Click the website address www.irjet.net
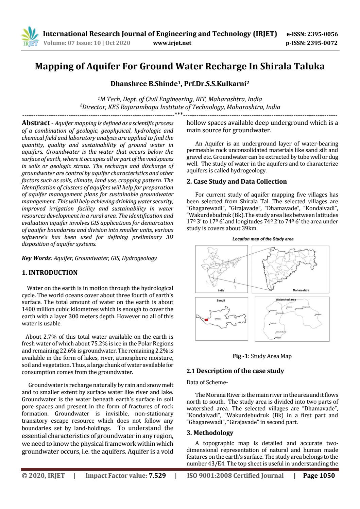coord(172,43)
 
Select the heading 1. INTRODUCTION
coord(50,273)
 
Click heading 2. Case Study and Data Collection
coord(237,182)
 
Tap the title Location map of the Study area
coord(263,239)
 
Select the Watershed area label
coord(286,300)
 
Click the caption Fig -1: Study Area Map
coord(262,356)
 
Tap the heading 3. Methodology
coord(210,433)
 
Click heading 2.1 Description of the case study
coord(235,371)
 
